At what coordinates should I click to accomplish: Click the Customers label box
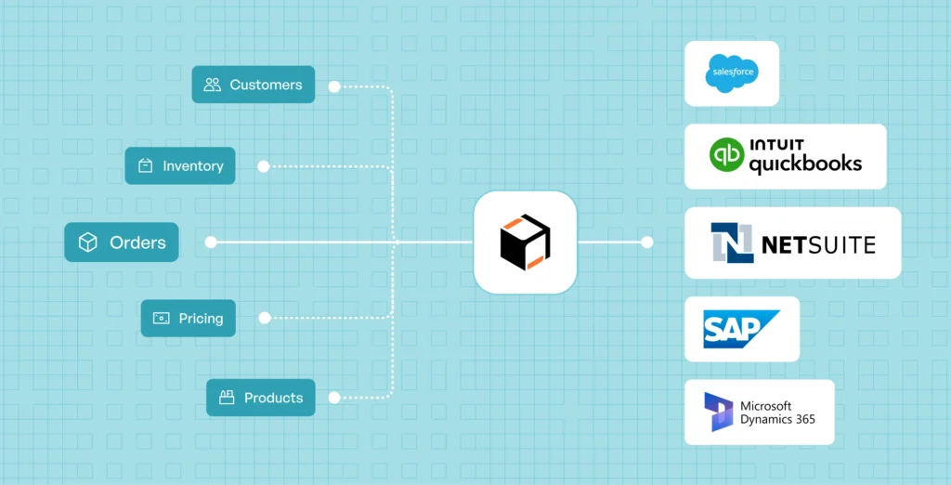point(254,85)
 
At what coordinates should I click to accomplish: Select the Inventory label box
point(180,165)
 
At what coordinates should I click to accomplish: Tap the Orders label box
point(122,242)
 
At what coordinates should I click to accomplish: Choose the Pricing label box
point(188,318)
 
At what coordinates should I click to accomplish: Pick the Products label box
point(261,398)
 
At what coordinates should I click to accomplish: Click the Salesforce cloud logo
point(732,72)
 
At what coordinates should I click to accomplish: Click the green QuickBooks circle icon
point(726,155)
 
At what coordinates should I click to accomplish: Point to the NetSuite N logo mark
point(732,242)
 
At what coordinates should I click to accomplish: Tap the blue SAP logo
point(741,329)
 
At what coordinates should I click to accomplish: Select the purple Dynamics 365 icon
point(719,413)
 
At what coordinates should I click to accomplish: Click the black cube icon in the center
point(526,242)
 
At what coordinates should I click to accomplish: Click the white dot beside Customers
point(334,86)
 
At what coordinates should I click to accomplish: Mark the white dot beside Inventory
point(263,166)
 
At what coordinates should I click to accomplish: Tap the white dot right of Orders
point(211,242)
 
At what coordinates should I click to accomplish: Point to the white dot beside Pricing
point(264,318)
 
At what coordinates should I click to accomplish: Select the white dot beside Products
point(333,398)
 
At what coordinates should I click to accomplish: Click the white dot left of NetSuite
point(647,242)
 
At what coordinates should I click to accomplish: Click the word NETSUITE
point(818,244)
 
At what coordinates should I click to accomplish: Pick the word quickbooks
point(805,164)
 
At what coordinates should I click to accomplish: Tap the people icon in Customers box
point(213,85)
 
